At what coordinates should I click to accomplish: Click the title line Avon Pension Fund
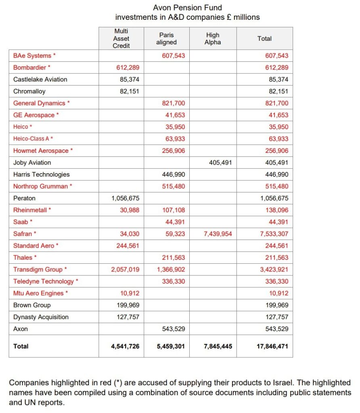tap(187, 7)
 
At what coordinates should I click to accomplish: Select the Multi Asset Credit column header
tap(121, 38)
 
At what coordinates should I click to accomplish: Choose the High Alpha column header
tap(213, 38)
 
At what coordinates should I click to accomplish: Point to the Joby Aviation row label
tap(32, 163)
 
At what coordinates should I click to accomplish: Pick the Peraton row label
tap(24, 198)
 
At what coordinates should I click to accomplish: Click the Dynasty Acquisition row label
tap(41, 317)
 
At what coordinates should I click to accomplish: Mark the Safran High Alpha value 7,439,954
tap(218, 234)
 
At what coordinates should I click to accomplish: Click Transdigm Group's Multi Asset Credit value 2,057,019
tap(125, 269)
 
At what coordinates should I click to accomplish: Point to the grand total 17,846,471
tap(272, 346)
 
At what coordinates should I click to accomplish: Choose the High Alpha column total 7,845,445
tap(218, 346)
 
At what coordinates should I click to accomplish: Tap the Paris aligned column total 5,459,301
tap(171, 346)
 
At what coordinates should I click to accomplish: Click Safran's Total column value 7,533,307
tap(274, 234)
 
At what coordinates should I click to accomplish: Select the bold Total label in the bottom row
tap(21, 346)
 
